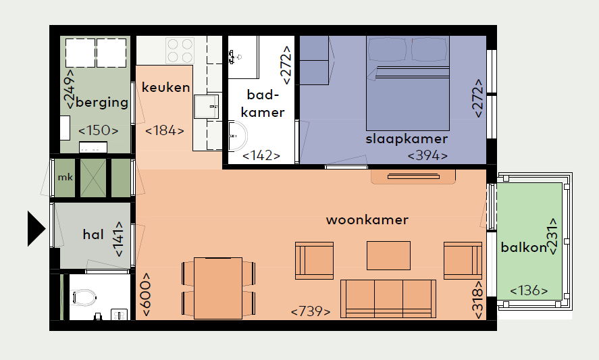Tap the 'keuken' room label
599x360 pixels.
point(166,88)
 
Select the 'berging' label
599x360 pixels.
point(102,103)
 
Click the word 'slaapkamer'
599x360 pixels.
point(407,138)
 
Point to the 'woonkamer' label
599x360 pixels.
point(367,220)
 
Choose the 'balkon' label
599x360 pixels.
point(524,248)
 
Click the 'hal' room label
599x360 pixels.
point(93,234)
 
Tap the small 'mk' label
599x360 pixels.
point(66,178)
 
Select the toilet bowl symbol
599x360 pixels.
point(84,297)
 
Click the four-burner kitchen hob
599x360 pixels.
point(180,51)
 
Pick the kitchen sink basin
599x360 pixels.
point(207,106)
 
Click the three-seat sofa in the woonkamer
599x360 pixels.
point(388,299)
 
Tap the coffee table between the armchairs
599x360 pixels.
point(388,255)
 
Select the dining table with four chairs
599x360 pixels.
point(218,288)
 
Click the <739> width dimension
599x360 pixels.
point(311,311)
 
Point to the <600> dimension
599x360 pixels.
point(147,294)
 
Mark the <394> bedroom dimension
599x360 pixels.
point(427,155)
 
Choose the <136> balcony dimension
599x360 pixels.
point(529,290)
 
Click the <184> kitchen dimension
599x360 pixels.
point(165,131)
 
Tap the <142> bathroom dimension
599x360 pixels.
point(261,155)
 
